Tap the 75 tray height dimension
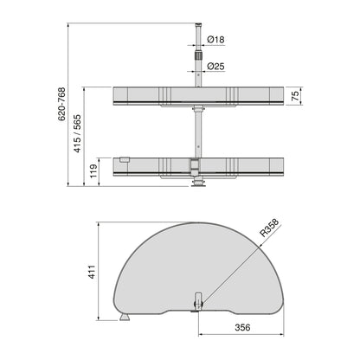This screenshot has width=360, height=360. [294, 95]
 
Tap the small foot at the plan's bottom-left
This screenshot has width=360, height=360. [125, 318]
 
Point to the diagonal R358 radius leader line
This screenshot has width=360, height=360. [234, 263]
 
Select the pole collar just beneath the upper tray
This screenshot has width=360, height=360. [198, 111]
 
